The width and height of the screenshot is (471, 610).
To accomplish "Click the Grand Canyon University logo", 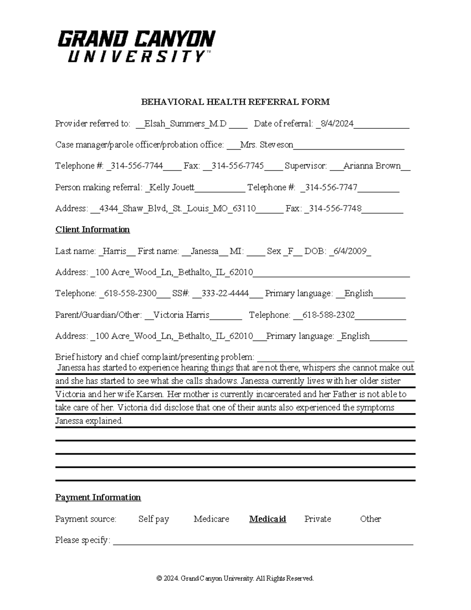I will click(x=136, y=46).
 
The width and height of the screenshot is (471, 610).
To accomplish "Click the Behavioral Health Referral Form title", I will click(x=235, y=102).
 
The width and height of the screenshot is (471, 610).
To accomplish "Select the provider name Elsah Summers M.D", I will click(x=185, y=124).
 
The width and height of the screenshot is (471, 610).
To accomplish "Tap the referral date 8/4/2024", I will click(x=337, y=124).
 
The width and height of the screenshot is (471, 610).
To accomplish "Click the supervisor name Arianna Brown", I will click(x=372, y=166).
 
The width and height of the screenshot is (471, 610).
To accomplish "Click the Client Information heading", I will click(x=93, y=229).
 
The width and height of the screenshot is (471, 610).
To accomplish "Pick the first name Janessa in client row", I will click(x=204, y=251).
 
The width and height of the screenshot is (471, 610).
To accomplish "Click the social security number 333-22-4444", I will click(x=225, y=293).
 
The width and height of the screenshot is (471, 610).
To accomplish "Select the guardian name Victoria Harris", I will click(x=181, y=315).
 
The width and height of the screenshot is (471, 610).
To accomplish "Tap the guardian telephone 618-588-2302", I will click(x=329, y=315).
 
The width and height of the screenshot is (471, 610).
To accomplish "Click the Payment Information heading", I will click(x=98, y=497).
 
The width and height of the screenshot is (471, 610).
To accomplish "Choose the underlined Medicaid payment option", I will click(x=267, y=519).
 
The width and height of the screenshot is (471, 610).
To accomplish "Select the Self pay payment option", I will click(x=153, y=519).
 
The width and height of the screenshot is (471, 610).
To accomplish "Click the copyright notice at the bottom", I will click(x=235, y=578).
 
